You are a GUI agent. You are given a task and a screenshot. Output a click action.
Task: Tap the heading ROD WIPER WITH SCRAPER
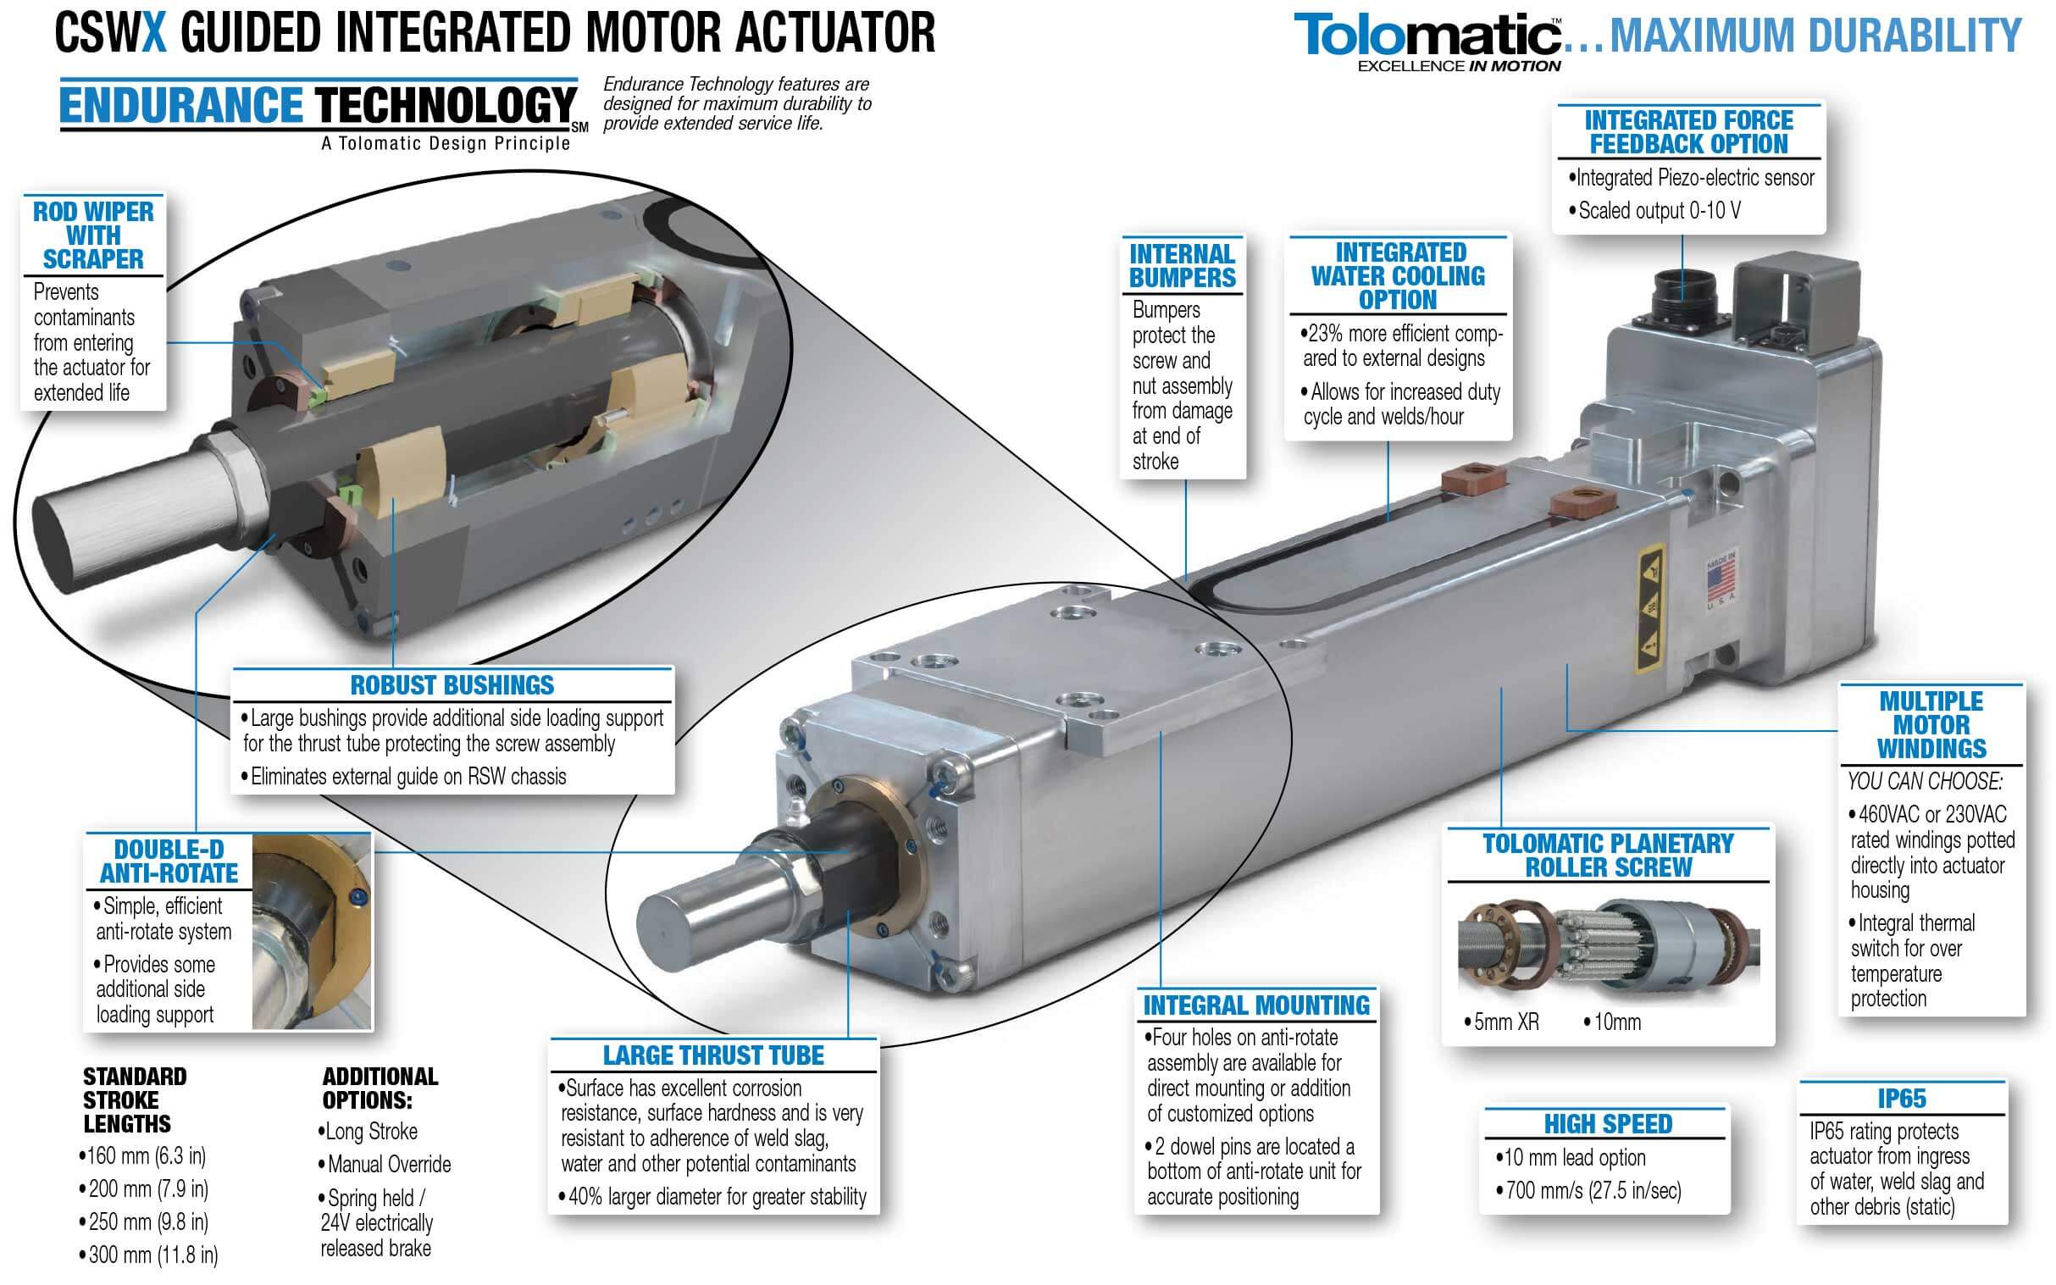tap(93, 235)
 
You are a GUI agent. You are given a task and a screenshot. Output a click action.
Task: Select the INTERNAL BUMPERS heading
tap(1183, 266)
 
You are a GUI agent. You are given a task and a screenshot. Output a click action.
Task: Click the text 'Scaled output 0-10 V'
tap(1658, 211)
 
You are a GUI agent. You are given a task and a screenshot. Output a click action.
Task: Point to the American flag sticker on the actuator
tap(1721, 580)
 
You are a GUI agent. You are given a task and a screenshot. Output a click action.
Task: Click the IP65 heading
tap(1901, 1099)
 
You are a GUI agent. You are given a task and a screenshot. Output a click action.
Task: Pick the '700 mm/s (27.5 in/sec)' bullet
tap(1592, 1191)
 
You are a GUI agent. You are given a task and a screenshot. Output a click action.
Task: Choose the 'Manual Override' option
tap(389, 1165)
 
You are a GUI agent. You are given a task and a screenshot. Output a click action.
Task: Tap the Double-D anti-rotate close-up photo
tap(311, 933)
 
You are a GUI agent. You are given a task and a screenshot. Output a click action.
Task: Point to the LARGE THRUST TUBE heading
tap(713, 1055)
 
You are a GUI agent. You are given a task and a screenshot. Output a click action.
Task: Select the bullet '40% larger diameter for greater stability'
tap(717, 1197)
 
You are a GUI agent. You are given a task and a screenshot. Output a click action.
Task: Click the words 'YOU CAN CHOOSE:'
tap(1924, 781)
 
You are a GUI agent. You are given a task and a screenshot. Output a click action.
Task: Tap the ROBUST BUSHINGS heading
tap(452, 686)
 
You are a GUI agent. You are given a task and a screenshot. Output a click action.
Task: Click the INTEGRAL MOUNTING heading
tap(1256, 1005)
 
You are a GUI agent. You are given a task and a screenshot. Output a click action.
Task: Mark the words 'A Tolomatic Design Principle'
tap(446, 144)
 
